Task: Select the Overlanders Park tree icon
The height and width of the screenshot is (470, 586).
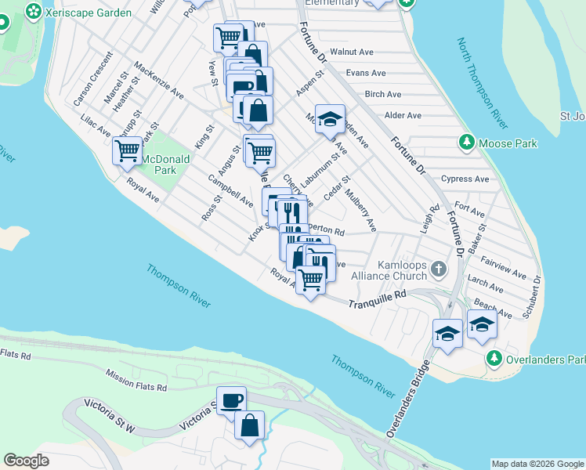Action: click(494, 359)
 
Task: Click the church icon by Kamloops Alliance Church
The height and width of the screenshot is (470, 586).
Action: click(439, 269)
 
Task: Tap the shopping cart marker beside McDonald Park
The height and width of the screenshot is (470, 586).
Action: click(127, 150)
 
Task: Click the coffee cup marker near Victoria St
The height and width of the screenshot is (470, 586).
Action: click(231, 399)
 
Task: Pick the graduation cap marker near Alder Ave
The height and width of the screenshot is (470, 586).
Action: click(331, 118)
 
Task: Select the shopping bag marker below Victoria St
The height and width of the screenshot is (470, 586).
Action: click(249, 426)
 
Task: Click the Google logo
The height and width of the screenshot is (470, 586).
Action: click(26, 460)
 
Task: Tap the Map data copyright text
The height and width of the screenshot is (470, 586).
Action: click(537, 464)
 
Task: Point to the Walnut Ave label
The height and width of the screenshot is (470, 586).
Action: click(352, 52)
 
